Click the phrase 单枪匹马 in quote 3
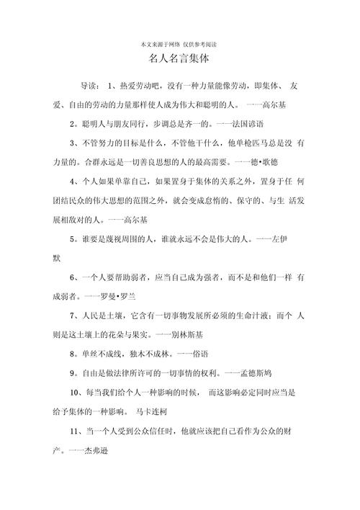click(x=240, y=143)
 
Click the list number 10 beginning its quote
click(x=75, y=393)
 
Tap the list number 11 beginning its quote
click(x=74, y=432)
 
